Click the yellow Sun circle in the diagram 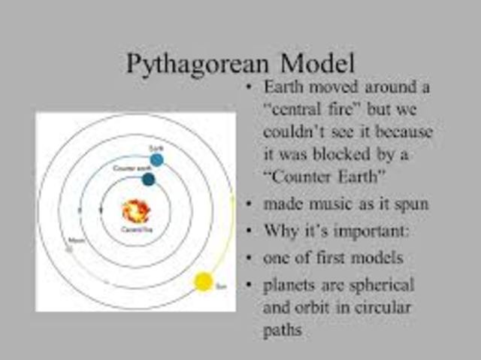point(203,282)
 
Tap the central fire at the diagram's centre point(136,211)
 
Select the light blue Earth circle point(156,159)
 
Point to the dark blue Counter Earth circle point(148,179)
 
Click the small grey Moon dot point(70,250)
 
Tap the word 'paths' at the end point(283,329)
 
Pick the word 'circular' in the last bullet point(381,307)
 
